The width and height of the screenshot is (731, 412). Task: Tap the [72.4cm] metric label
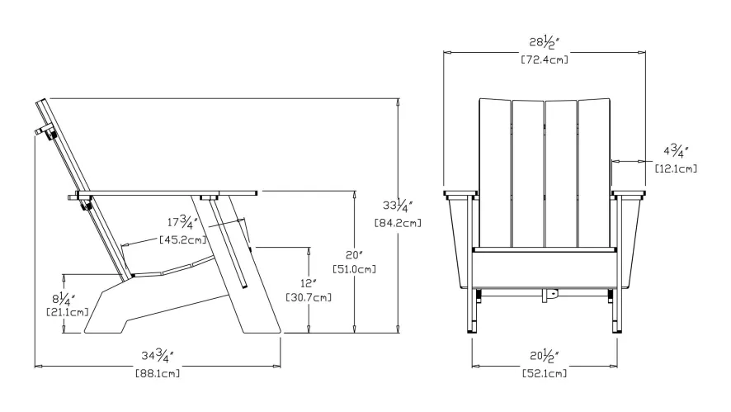[544, 59]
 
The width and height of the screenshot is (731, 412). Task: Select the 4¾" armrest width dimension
[675, 152]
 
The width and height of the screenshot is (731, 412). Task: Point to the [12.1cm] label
[675, 168]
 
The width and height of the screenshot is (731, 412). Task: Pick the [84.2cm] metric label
[398, 223]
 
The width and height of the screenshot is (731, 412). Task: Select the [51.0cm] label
[355, 268]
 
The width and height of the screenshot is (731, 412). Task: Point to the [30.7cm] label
[308, 297]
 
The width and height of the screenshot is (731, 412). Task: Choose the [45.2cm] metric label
[182, 240]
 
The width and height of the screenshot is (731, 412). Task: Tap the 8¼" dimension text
[63, 297]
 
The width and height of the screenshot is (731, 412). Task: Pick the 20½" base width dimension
[544, 357]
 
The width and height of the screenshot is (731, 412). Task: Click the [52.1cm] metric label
[544, 373]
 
